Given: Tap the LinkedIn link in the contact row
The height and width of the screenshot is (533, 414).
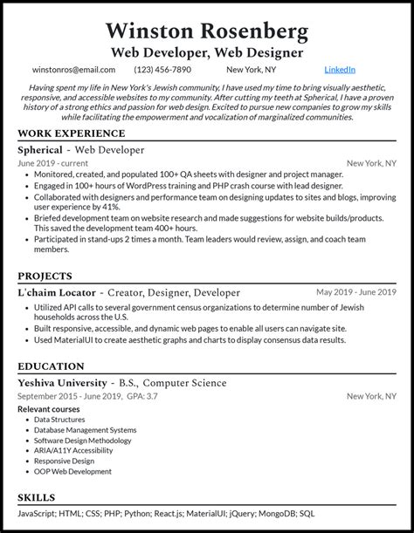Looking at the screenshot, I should click(x=340, y=69).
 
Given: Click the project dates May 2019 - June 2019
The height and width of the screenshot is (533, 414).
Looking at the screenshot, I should click(x=356, y=292).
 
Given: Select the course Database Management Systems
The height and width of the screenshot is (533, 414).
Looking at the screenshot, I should click(x=86, y=430).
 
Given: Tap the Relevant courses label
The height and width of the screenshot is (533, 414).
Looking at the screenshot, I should click(x=49, y=408).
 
